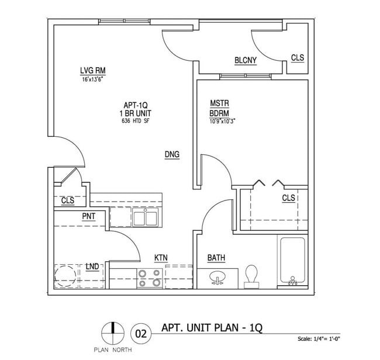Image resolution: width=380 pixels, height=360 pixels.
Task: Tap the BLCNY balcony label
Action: [x=246, y=60]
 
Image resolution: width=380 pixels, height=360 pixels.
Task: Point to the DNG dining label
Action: [x=171, y=154]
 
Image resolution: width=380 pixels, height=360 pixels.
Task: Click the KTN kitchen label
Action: [x=162, y=257]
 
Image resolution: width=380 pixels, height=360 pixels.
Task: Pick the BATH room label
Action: [x=216, y=258]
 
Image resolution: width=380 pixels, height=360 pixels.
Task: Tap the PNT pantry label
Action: [x=89, y=216]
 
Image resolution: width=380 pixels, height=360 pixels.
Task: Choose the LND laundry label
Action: [x=92, y=266]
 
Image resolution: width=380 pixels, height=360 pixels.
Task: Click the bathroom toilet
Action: [x=252, y=275]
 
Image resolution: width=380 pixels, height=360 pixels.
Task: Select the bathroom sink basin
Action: [x=217, y=278]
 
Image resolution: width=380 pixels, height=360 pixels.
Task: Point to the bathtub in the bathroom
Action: [x=292, y=262]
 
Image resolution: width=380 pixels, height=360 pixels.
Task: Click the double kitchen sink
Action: [x=145, y=218]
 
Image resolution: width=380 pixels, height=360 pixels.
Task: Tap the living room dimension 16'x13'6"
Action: [x=92, y=79]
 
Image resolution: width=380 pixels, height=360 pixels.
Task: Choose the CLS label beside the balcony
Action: [x=298, y=58]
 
